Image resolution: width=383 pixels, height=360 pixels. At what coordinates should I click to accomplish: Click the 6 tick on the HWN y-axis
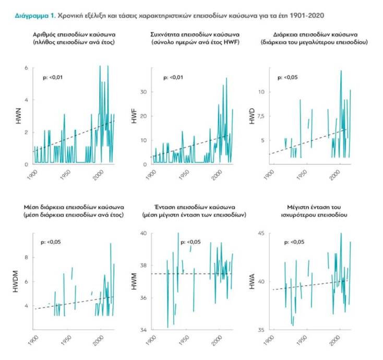(27, 68)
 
